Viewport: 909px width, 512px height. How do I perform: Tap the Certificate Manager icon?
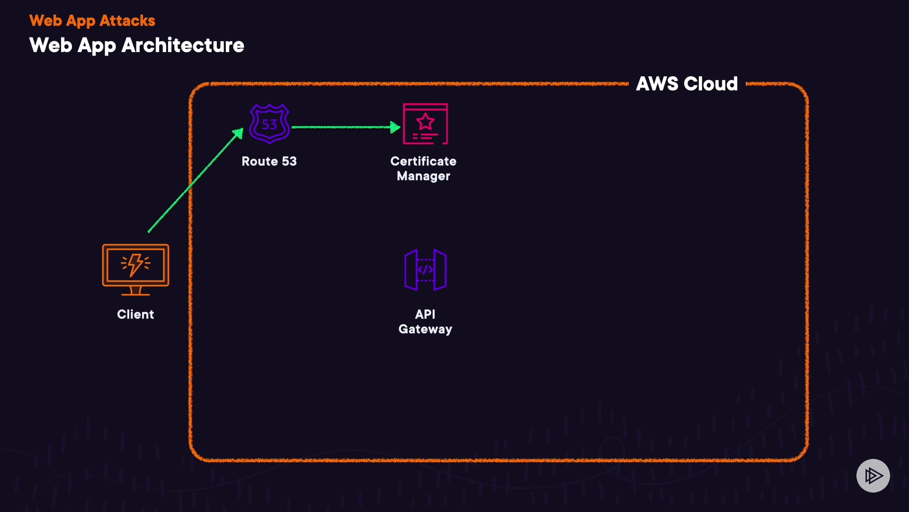(x=425, y=124)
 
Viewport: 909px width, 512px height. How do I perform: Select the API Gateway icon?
(x=425, y=270)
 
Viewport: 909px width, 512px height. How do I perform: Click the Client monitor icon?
(x=135, y=269)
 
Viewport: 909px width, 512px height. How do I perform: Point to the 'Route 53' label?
(x=269, y=162)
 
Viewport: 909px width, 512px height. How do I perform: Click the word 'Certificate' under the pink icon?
(x=423, y=162)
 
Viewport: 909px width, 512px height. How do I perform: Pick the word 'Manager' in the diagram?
(x=423, y=176)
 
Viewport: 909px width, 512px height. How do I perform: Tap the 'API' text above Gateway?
(x=425, y=314)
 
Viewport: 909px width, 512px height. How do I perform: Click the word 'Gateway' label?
(x=425, y=329)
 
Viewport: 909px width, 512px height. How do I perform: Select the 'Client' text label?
(x=135, y=315)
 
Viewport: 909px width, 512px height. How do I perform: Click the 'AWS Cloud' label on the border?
(x=686, y=84)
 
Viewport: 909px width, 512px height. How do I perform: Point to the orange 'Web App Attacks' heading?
(x=92, y=21)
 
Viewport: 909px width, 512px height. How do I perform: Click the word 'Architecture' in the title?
(x=183, y=46)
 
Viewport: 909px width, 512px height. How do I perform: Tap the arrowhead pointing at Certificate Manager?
(x=395, y=127)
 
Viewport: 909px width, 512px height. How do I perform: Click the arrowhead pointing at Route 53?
(x=238, y=134)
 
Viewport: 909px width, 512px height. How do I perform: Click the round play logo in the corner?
(x=873, y=475)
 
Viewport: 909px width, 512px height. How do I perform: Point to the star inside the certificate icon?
(x=425, y=121)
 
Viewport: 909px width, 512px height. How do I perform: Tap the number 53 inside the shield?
(x=269, y=125)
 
